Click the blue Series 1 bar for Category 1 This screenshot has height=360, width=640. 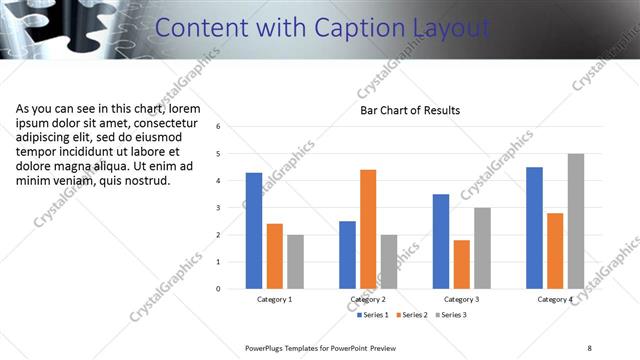click(x=254, y=231)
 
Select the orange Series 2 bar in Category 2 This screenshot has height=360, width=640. click(x=368, y=229)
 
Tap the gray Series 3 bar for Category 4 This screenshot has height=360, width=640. click(x=575, y=221)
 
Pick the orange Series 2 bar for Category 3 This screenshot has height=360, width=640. click(x=461, y=264)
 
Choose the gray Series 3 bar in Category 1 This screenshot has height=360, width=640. click(x=295, y=262)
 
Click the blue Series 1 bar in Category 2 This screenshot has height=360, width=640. click(x=347, y=255)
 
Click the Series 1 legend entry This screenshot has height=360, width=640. click(x=374, y=315)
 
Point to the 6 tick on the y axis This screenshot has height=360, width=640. click(x=232, y=127)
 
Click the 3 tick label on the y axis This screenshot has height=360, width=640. click(x=232, y=208)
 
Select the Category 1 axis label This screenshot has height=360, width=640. click(x=275, y=299)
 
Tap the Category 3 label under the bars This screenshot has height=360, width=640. click(x=461, y=299)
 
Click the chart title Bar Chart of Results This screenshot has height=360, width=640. click(x=410, y=111)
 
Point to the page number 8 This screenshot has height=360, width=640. click(x=590, y=347)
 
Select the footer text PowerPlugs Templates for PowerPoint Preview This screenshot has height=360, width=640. click(x=321, y=347)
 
